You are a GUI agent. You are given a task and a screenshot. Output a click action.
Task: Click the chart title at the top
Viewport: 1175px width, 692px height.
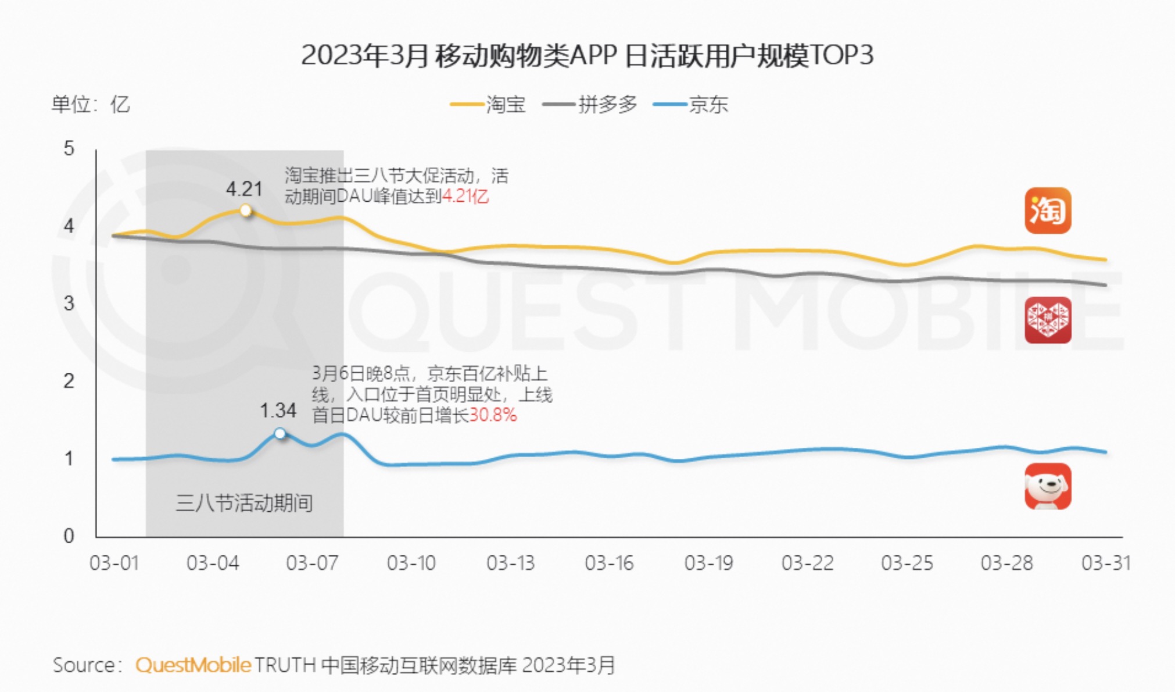[x=587, y=56]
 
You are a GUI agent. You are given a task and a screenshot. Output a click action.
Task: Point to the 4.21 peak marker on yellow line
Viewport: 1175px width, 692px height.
[x=246, y=211]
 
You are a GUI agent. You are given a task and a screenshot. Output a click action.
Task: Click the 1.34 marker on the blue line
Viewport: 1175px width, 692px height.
[x=280, y=434]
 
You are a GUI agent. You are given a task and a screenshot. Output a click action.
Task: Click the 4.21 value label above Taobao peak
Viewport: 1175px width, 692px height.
[x=244, y=189]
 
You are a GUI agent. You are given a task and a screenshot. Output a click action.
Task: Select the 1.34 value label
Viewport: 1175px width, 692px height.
[x=278, y=411]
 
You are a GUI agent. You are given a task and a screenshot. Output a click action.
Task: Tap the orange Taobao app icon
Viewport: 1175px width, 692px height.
[x=1047, y=211]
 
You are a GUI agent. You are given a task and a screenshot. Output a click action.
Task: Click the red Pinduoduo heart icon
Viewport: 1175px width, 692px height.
[x=1047, y=320]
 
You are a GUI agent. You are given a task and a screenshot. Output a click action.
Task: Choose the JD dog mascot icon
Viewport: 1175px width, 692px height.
[x=1047, y=486]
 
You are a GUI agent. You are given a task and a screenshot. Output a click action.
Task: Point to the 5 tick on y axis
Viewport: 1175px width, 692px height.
[x=69, y=149]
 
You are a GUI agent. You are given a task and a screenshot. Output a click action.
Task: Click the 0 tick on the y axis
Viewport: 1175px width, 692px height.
[x=69, y=536]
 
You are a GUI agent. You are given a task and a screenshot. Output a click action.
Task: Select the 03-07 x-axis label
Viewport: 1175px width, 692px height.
[x=312, y=563]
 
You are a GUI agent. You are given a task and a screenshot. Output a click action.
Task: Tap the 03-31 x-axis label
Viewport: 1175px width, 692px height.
[x=1105, y=563]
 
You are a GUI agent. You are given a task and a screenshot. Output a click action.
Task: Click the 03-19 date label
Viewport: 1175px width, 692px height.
[x=708, y=563]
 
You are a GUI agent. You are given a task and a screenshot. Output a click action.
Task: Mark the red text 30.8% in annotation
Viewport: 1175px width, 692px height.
[x=493, y=415]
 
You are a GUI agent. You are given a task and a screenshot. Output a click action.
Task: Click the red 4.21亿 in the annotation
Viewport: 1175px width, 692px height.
[x=465, y=197]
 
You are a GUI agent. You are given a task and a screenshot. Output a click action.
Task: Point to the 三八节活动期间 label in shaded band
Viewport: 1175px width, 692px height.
[x=244, y=503]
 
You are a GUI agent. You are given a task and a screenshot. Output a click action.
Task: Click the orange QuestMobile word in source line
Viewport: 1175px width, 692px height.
[x=193, y=665]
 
